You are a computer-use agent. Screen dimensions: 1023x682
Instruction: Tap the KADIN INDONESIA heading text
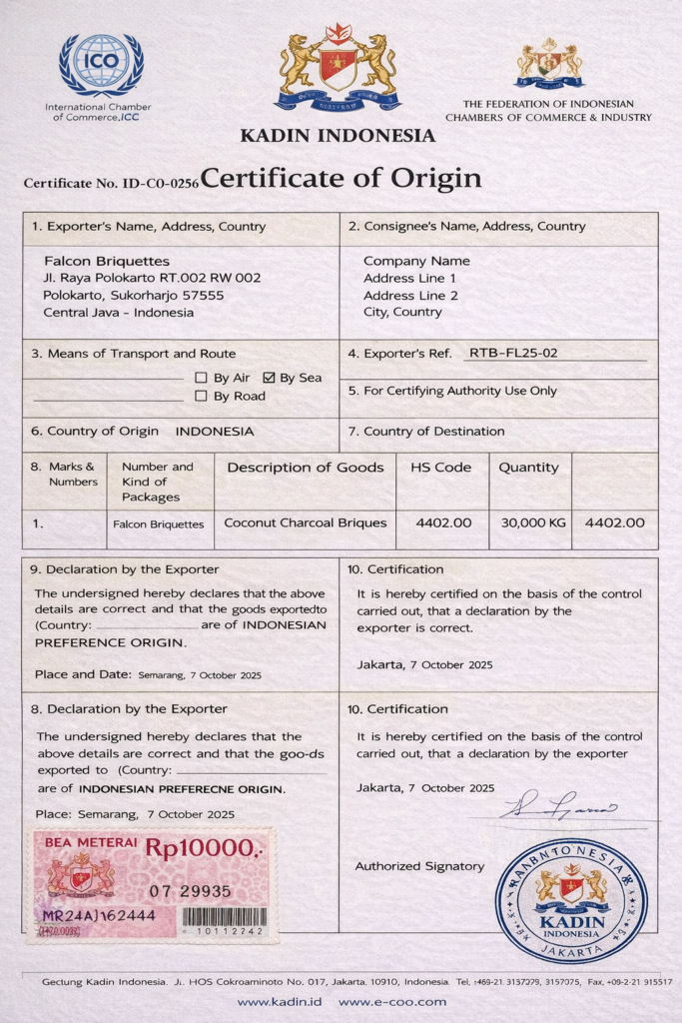(338, 136)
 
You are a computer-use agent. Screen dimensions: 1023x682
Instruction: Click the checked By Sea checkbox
(269, 378)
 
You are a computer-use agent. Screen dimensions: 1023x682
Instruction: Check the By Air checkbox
(202, 378)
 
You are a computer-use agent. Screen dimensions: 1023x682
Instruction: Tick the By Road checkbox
(202, 396)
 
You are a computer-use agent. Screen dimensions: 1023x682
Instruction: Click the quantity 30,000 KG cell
(529, 522)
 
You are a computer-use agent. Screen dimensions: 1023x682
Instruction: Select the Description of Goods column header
(305, 468)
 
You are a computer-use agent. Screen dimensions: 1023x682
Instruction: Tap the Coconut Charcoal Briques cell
(305, 522)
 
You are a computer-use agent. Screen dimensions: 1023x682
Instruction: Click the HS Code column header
(440, 468)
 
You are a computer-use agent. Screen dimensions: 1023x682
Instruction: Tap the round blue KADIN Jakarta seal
(571, 899)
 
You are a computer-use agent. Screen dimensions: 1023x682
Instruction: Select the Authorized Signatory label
(419, 866)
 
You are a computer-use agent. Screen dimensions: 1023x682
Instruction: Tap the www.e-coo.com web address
(392, 1002)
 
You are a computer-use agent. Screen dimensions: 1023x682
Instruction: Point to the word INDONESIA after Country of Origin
(215, 432)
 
